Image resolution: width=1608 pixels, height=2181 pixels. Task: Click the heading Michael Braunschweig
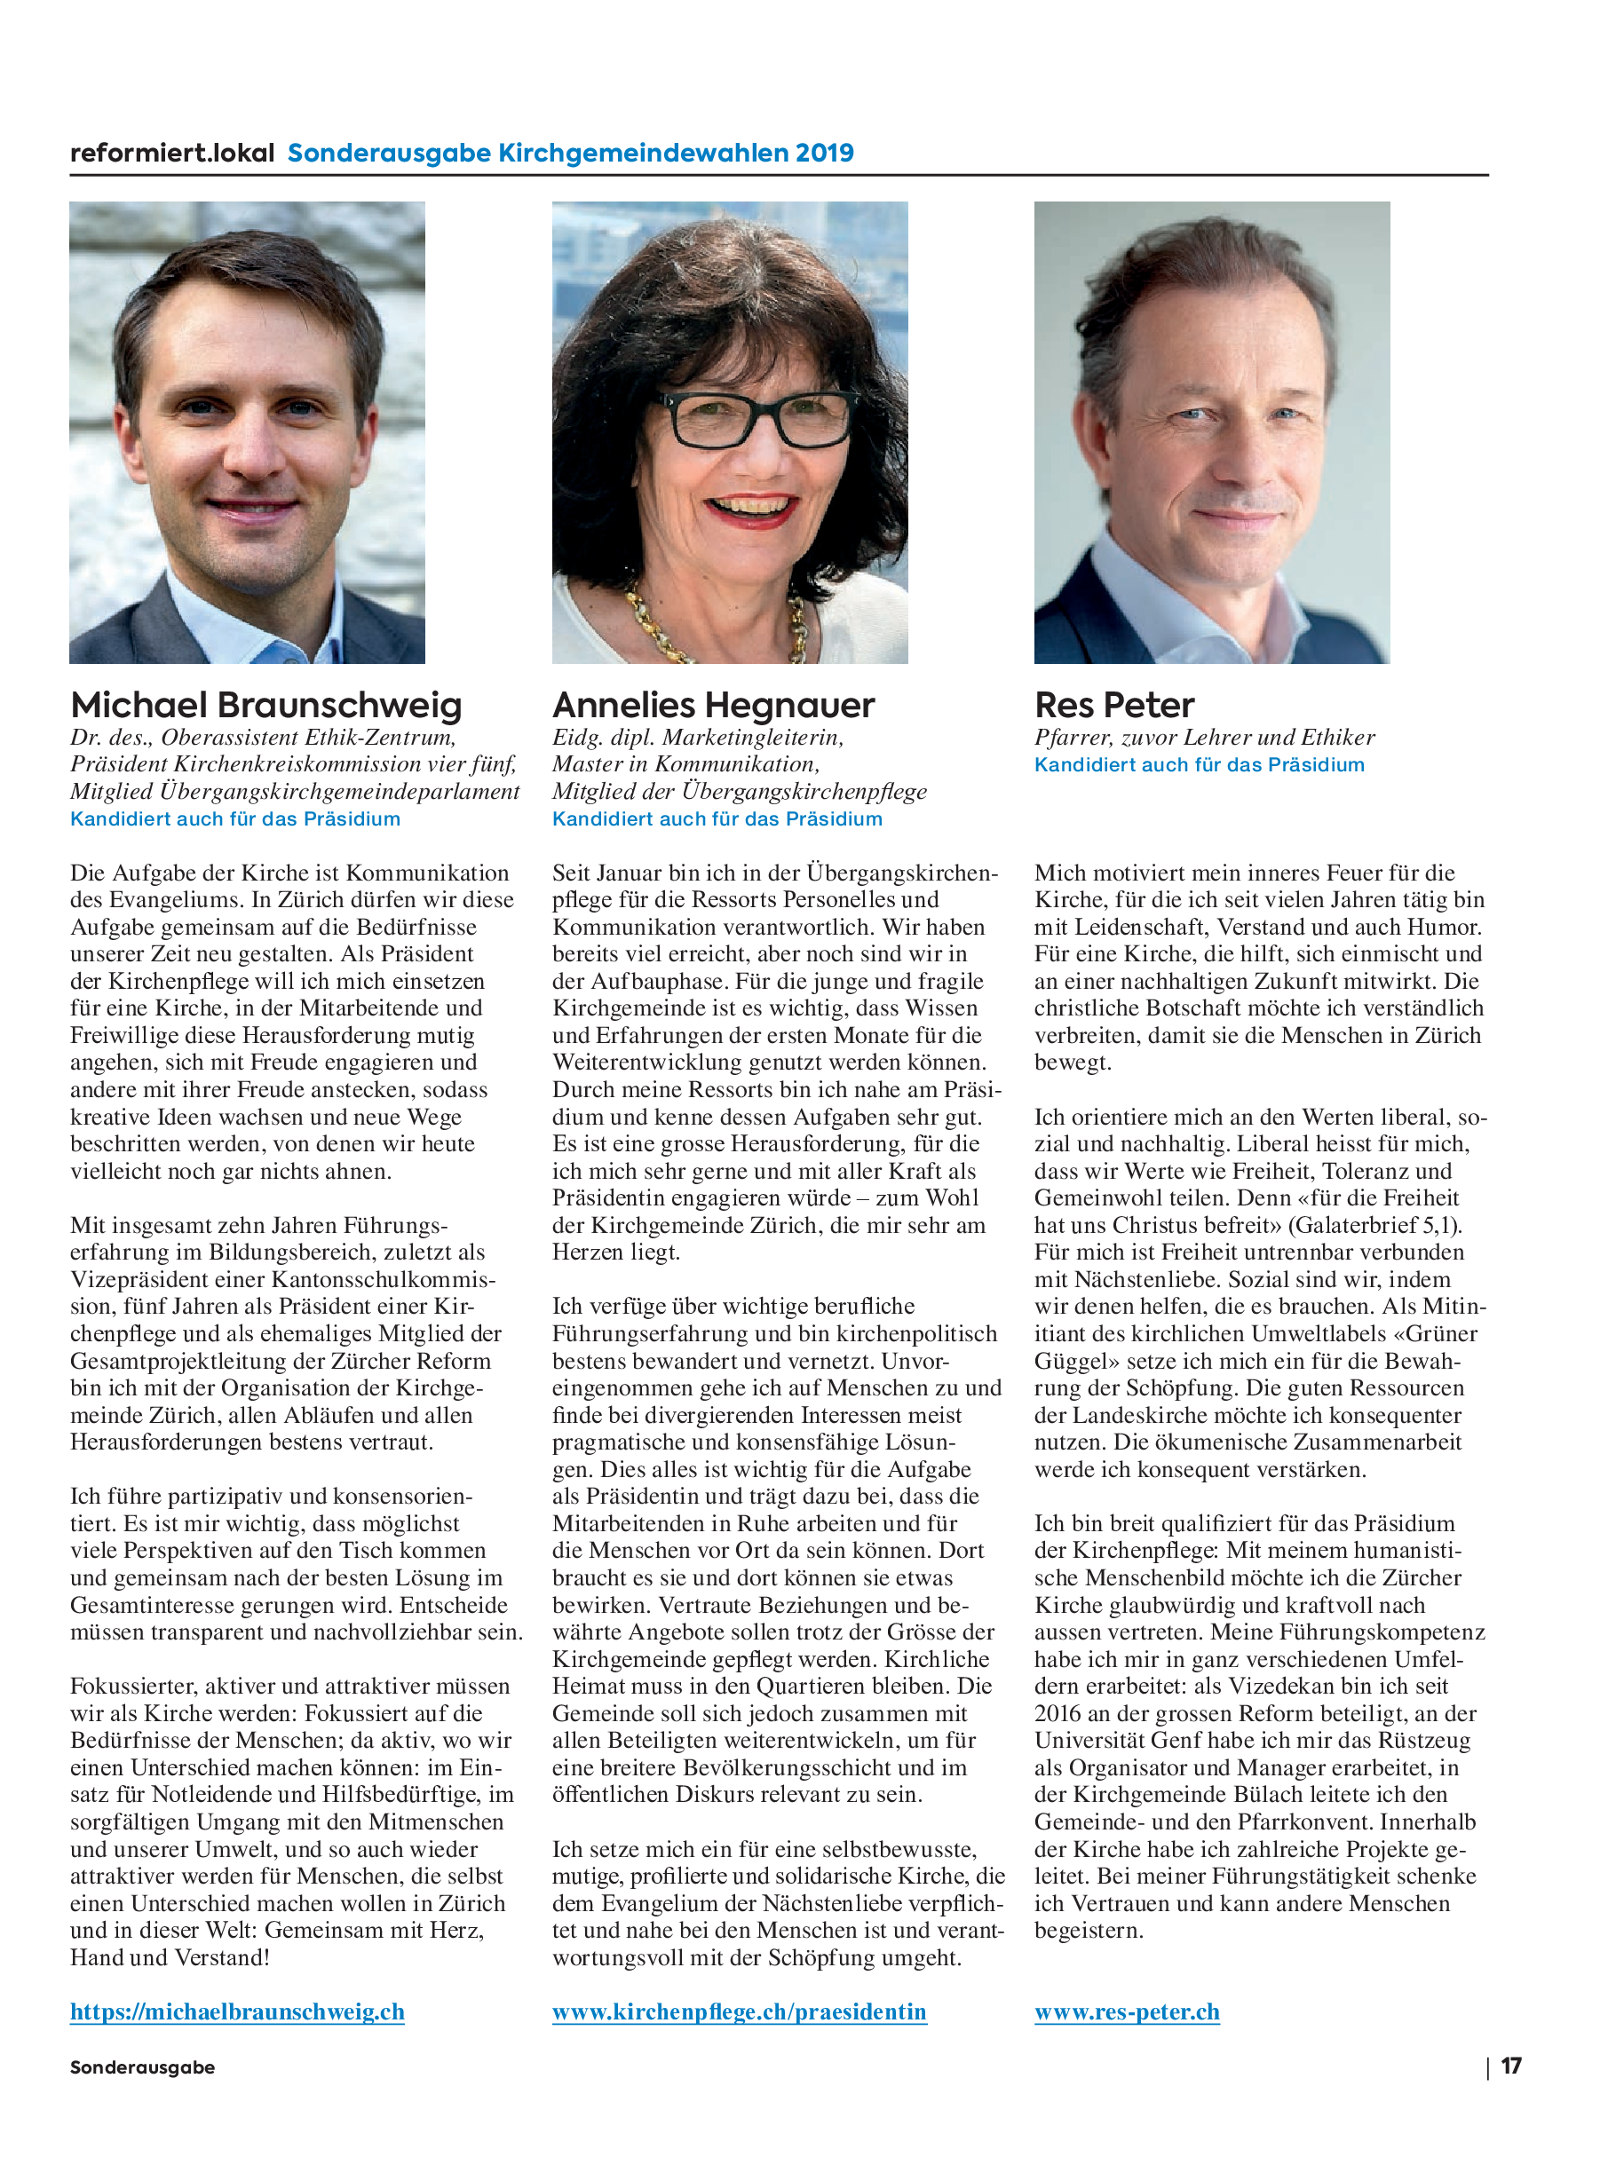point(265,706)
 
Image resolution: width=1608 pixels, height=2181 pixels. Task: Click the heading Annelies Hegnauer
point(714,706)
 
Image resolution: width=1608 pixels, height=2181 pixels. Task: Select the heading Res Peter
point(1114,706)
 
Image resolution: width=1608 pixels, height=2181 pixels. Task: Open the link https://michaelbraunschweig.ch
point(236,2011)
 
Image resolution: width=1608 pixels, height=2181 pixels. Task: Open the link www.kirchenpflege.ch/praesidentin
point(739,2011)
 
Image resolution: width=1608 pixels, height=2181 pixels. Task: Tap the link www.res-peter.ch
point(1126,2011)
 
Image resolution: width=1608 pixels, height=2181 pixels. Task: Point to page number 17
point(1510,2066)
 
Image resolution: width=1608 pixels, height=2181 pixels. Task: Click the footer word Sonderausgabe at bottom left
point(142,2067)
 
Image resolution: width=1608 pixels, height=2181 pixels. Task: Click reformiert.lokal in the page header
point(172,153)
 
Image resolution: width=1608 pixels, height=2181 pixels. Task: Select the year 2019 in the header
point(823,153)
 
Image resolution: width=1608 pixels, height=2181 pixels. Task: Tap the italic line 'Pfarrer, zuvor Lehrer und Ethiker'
point(1204,738)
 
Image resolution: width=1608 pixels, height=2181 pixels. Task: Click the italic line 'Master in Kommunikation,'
point(685,765)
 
